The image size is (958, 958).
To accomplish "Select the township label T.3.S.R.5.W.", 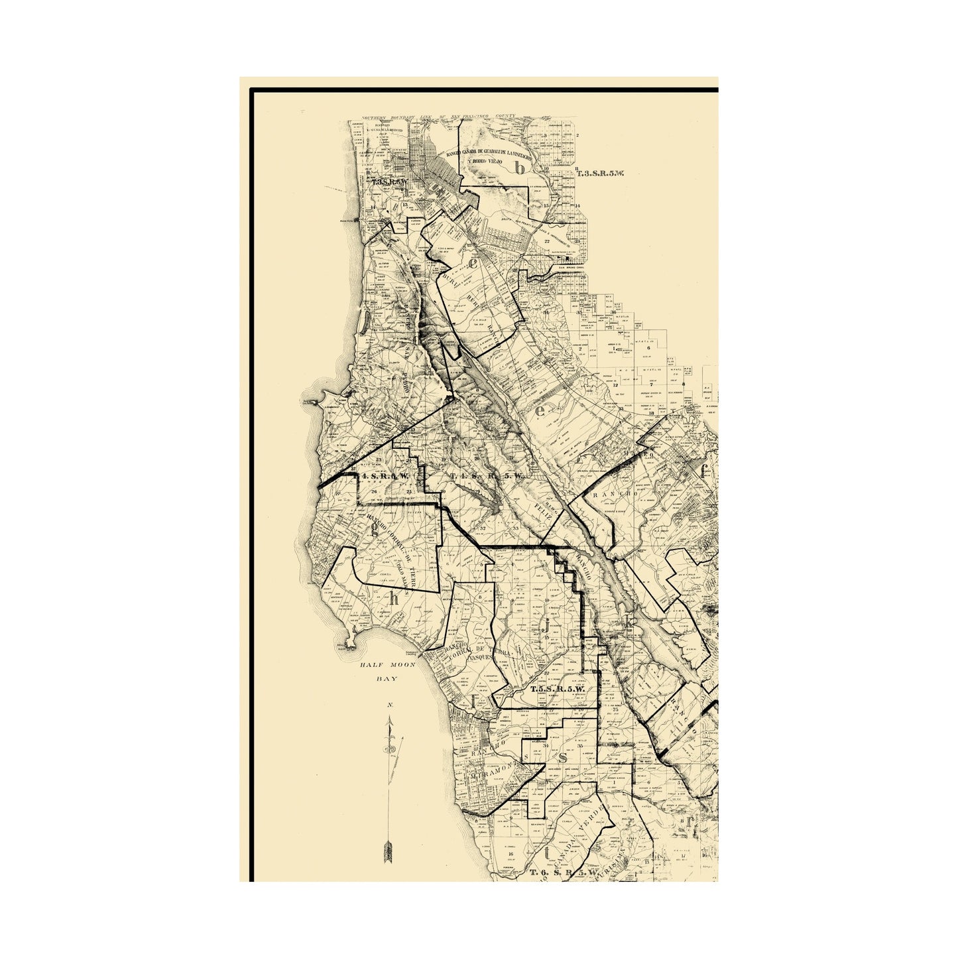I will pyautogui.click(x=601, y=174).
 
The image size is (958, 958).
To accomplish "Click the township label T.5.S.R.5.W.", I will pyautogui.click(x=557, y=689).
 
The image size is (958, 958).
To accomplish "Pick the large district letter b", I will pyautogui.click(x=521, y=168).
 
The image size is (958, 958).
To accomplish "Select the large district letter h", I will pyautogui.click(x=394, y=598).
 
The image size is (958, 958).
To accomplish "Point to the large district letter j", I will pyautogui.click(x=545, y=623).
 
